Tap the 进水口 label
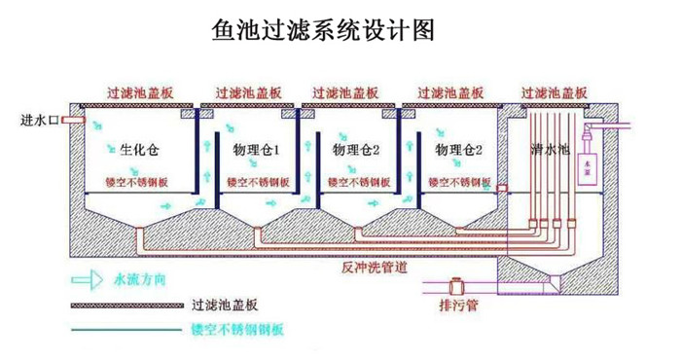[40, 122]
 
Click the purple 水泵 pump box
[587, 165]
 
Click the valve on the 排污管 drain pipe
[455, 286]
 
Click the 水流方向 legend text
[141, 279]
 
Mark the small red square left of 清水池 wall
[502, 188]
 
